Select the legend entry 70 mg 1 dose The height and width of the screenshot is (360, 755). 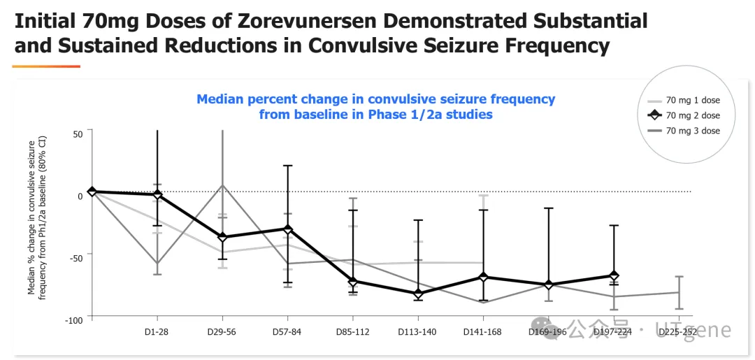click(x=692, y=100)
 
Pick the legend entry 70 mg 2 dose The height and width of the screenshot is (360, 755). click(x=692, y=115)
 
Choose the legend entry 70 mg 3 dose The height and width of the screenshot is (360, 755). click(x=692, y=131)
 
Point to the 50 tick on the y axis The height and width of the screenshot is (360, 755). click(x=77, y=133)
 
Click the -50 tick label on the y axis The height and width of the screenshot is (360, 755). click(x=75, y=258)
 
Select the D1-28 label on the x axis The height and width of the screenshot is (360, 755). click(x=156, y=332)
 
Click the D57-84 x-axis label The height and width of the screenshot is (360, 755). click(x=287, y=332)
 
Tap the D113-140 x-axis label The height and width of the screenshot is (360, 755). click(x=417, y=332)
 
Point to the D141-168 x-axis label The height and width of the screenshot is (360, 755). click(x=482, y=332)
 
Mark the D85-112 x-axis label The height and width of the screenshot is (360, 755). click(x=352, y=332)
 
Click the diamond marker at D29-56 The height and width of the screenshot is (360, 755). click(x=222, y=238)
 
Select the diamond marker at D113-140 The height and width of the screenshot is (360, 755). click(x=418, y=294)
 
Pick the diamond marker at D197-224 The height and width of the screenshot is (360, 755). click(x=614, y=276)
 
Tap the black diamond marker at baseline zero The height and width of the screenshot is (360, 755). click(x=92, y=192)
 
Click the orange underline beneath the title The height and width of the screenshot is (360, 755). click(x=46, y=66)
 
